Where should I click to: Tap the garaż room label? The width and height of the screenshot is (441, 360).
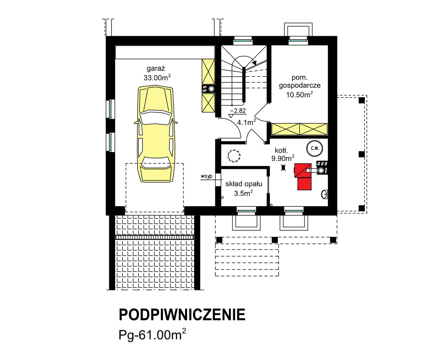[x=156, y=68]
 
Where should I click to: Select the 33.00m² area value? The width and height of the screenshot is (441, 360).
[x=157, y=77]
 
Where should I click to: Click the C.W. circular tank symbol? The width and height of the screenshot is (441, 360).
[x=314, y=148]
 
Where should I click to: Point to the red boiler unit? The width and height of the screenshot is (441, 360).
[x=303, y=176]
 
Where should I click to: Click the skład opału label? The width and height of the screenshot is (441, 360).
[x=244, y=184]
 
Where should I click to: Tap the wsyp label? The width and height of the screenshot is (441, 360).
[x=206, y=176]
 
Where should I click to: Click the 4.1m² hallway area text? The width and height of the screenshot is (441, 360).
[x=246, y=122]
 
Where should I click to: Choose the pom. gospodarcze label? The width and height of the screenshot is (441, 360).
[x=300, y=82]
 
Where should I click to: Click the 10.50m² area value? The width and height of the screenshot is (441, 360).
[x=299, y=95]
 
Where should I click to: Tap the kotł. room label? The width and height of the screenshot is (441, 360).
[x=281, y=150]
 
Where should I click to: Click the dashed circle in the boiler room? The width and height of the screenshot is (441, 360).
[x=234, y=156]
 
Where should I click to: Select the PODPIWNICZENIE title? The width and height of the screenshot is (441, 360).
[x=182, y=315]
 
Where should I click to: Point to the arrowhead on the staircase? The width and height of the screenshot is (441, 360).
[x=254, y=63]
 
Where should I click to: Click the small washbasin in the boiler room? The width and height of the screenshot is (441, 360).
[x=324, y=194]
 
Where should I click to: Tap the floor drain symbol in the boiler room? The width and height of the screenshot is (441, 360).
[x=283, y=167]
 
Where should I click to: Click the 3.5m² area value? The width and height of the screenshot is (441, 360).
[x=243, y=193]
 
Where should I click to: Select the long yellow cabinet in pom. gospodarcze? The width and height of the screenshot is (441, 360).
[x=300, y=129]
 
